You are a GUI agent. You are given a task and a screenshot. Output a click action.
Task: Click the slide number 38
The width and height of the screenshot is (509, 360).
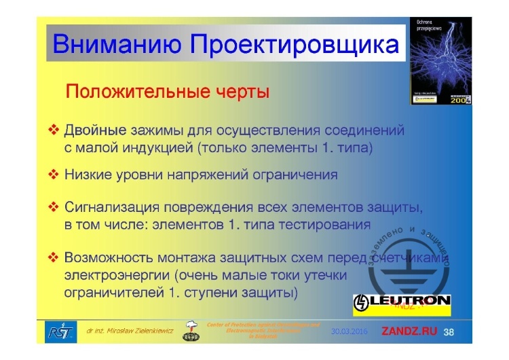tap(449, 332)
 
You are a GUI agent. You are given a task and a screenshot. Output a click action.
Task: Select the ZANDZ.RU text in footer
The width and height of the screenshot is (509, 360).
tap(411, 332)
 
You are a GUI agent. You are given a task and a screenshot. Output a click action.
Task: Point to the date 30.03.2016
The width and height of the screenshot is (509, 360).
tap(349, 332)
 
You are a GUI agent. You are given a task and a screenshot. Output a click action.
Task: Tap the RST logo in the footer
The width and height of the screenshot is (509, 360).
tap(56, 331)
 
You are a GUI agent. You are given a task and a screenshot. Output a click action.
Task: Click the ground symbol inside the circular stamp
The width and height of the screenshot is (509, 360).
tap(406, 266)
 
